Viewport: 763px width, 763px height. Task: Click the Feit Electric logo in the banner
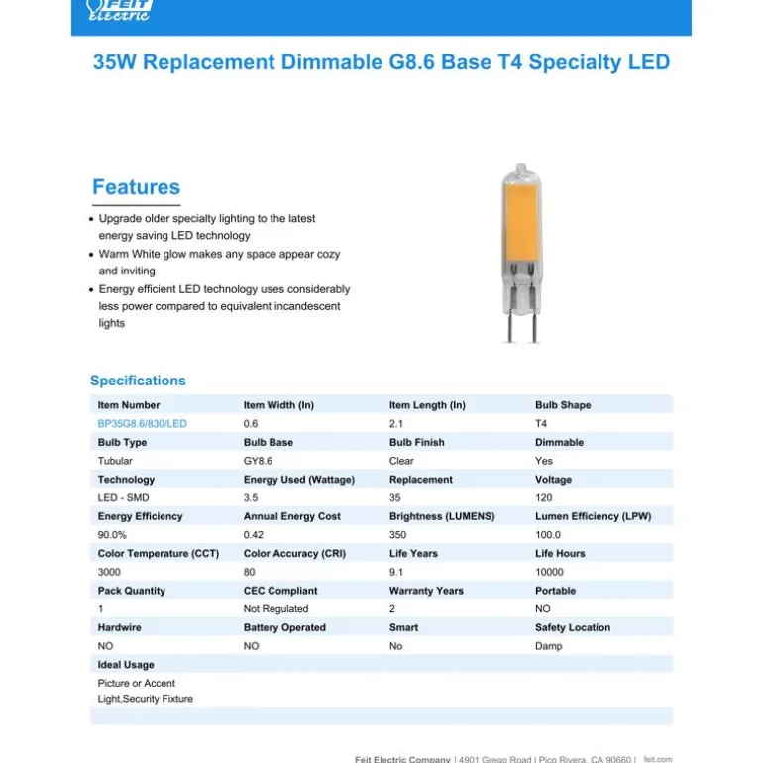pyautogui.click(x=119, y=11)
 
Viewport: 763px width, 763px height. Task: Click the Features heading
pyautogui.click(x=136, y=187)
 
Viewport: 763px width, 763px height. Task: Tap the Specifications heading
pyautogui.click(x=138, y=381)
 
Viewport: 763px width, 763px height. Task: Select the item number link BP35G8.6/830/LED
pyautogui.click(x=142, y=424)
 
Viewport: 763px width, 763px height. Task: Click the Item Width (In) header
pyautogui.click(x=278, y=405)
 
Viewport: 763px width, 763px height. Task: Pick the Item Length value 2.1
pyautogui.click(x=395, y=424)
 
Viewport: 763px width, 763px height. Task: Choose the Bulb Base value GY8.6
pyautogui.click(x=258, y=461)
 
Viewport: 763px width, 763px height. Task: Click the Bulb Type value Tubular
pyautogui.click(x=115, y=461)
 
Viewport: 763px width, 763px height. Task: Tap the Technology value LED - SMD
pyautogui.click(x=123, y=498)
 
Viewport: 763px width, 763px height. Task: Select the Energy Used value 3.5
pyautogui.click(x=251, y=498)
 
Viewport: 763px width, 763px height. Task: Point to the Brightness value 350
pyautogui.click(x=398, y=535)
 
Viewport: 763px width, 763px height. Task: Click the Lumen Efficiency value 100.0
pyautogui.click(x=548, y=535)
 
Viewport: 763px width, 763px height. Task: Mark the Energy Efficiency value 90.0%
pyautogui.click(x=112, y=535)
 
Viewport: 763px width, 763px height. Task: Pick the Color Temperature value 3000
pyautogui.click(x=109, y=572)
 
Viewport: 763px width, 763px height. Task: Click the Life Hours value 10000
pyautogui.click(x=549, y=572)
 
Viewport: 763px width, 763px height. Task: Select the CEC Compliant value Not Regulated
pyautogui.click(x=275, y=609)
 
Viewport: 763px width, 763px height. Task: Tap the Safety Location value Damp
pyautogui.click(x=548, y=646)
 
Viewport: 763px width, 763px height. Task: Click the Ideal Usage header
pyautogui.click(x=126, y=665)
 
